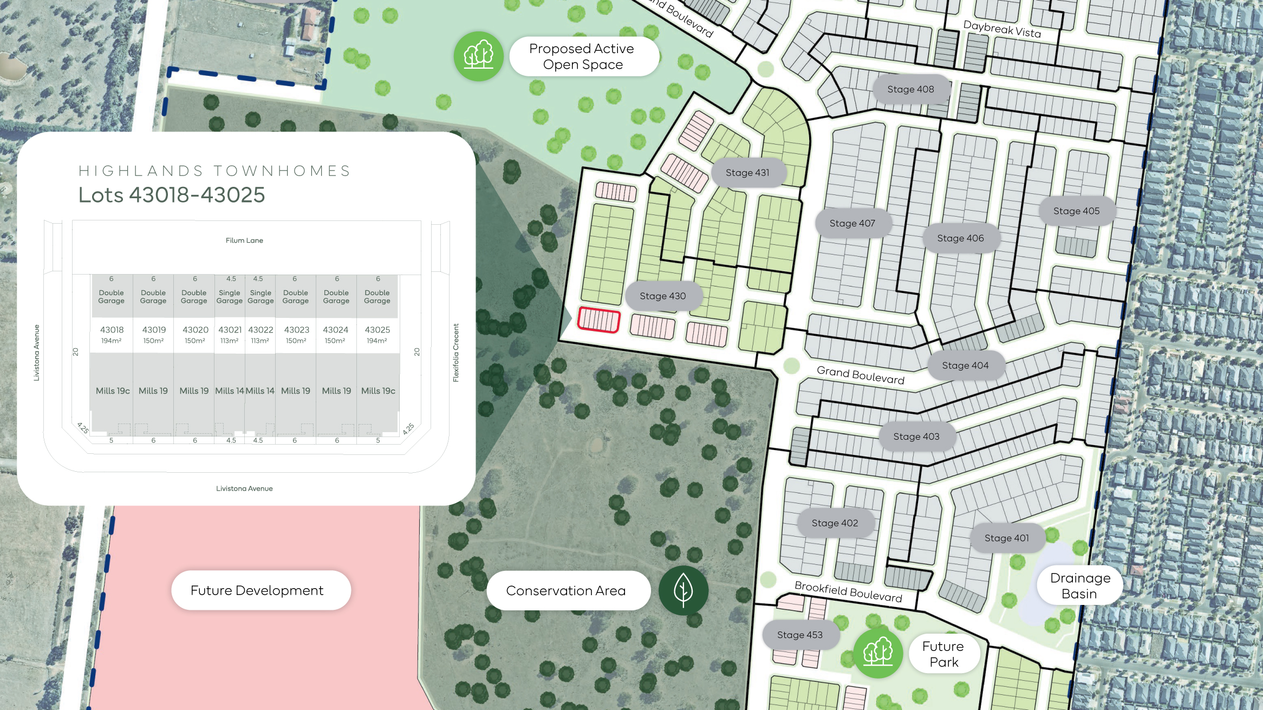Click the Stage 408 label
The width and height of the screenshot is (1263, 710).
(x=910, y=89)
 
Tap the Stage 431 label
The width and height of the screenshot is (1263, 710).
(x=747, y=173)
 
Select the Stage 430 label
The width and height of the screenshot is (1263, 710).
(x=662, y=296)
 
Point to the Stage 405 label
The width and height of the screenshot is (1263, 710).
(x=1076, y=211)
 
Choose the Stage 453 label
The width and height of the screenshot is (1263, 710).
(x=799, y=635)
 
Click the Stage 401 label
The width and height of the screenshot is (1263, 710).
(x=1006, y=538)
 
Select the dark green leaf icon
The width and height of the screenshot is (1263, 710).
(x=683, y=590)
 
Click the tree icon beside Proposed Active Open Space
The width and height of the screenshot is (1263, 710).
(x=479, y=56)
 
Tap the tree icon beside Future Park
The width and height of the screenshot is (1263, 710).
(x=877, y=653)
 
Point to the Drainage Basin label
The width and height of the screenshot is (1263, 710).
(x=1080, y=585)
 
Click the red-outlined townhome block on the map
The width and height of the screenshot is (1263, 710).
(x=598, y=320)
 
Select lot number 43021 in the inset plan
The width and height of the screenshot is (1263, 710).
(x=230, y=330)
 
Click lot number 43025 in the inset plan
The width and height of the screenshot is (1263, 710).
(x=377, y=330)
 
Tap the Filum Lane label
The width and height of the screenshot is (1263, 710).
(x=244, y=240)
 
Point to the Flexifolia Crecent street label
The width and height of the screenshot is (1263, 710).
(x=456, y=353)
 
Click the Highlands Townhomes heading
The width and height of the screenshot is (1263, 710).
(x=215, y=171)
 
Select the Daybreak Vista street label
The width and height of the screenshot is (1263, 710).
(x=1002, y=29)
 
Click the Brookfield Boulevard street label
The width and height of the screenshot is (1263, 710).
(x=848, y=591)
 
